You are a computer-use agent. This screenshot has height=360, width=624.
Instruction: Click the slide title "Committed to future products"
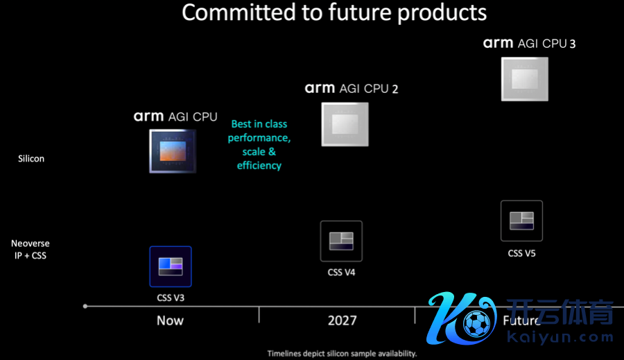334,12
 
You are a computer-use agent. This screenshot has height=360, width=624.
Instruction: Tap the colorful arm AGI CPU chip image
173,151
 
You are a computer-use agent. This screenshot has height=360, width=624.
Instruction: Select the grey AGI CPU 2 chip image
345,124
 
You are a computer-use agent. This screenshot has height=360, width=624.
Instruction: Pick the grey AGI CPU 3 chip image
525,79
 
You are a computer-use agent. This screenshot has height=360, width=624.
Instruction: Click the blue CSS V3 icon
171,266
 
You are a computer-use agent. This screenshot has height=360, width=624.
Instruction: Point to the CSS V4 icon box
341,241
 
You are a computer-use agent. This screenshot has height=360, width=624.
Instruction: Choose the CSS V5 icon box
521,221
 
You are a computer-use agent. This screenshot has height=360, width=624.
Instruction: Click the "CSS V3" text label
171,298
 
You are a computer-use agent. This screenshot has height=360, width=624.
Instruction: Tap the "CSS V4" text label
341,273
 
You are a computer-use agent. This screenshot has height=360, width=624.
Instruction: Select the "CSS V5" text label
521,253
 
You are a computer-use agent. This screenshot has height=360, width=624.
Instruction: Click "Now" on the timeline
170,320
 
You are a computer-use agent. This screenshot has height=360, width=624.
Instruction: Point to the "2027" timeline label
343,320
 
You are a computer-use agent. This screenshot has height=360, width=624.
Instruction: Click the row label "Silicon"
31,158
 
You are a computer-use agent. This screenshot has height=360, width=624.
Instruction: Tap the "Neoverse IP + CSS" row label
31,249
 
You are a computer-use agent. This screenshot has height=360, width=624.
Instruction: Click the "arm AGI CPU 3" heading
529,43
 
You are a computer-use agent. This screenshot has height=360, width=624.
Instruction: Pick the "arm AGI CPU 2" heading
352,88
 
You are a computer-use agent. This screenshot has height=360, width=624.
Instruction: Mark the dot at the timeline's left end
85,306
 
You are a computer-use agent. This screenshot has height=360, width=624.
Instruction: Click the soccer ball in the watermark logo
477,323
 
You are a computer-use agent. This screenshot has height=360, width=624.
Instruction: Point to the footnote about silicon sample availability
342,354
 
